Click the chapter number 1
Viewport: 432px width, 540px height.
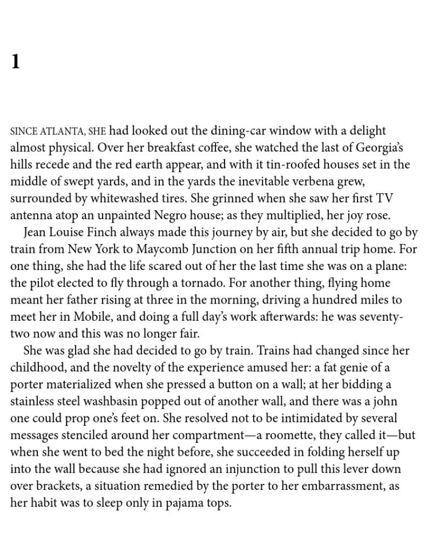coord(15,62)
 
